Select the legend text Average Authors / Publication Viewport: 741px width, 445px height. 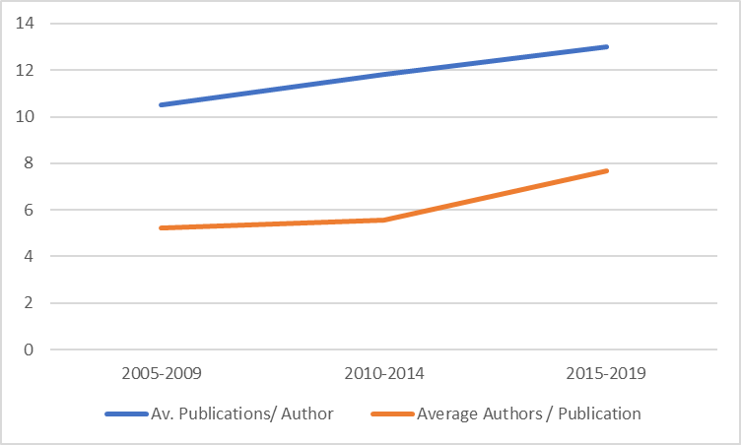pyautogui.click(x=529, y=413)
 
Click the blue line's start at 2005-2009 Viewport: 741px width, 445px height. pyautogui.click(x=160, y=104)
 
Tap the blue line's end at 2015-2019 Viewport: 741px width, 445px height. pyautogui.click(x=608, y=46)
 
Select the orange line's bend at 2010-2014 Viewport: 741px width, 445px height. pyautogui.click(x=384, y=220)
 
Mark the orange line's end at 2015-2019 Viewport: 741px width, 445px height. pyautogui.click(x=608, y=170)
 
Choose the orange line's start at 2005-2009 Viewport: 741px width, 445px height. pyautogui.click(x=160, y=227)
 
